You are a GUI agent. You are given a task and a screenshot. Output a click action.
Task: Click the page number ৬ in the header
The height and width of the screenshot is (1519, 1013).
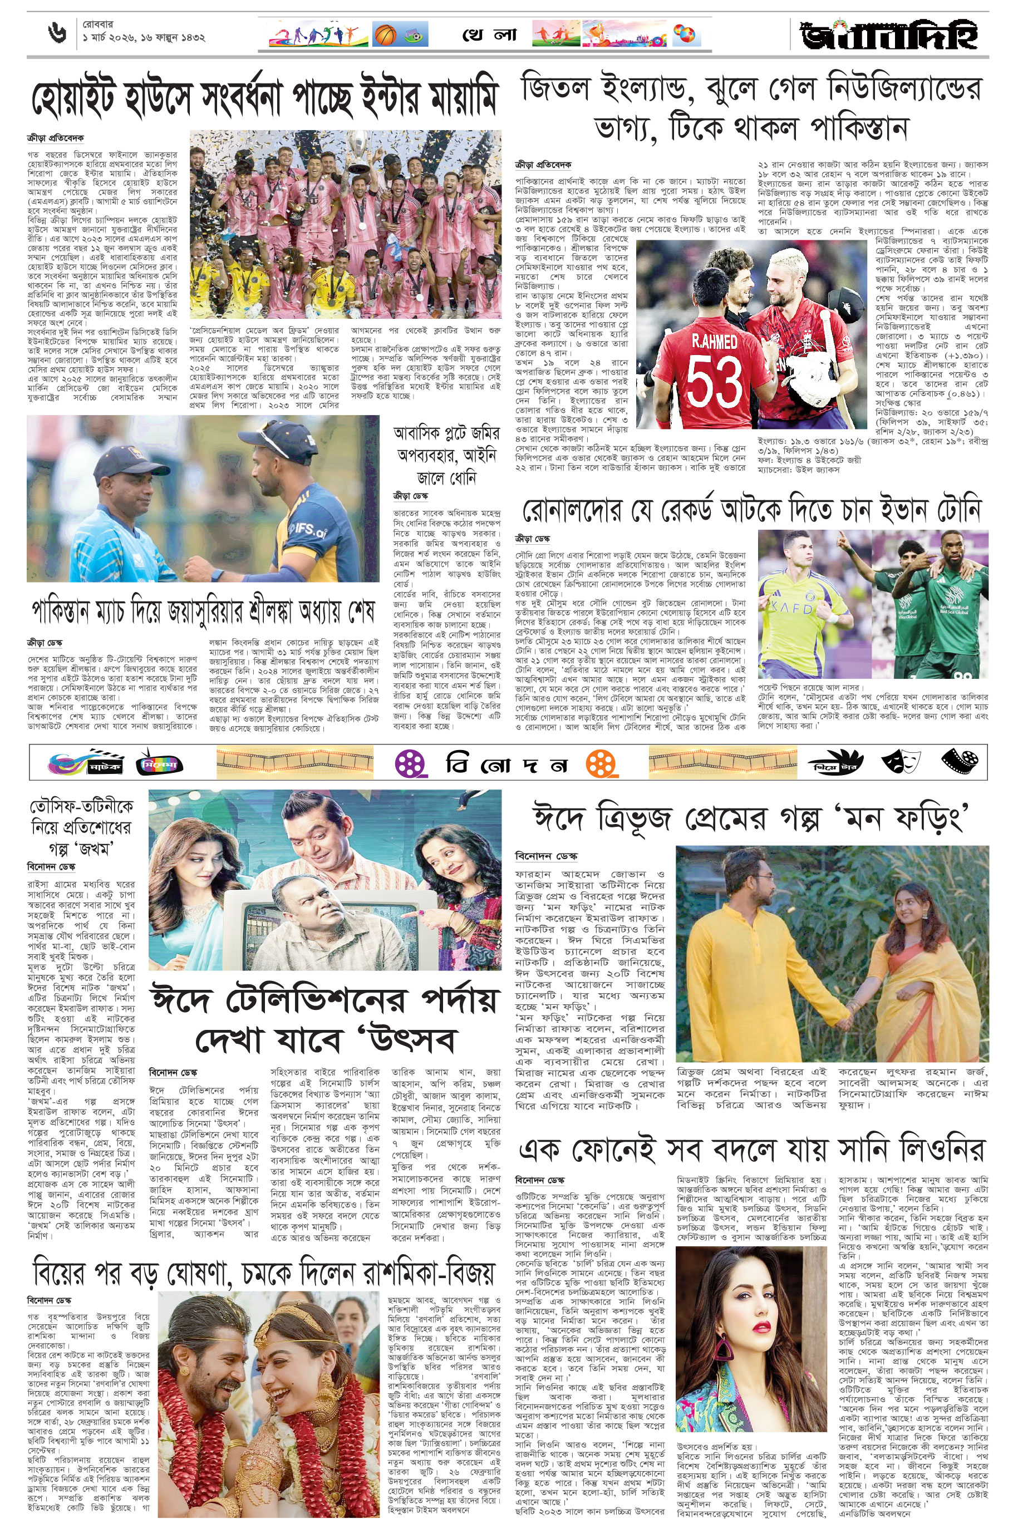[x=57, y=33]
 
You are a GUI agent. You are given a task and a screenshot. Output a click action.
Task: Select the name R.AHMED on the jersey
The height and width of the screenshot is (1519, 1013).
[x=714, y=341]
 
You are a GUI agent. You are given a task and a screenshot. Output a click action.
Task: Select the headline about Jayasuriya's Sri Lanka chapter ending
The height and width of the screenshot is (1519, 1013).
[x=204, y=610]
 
